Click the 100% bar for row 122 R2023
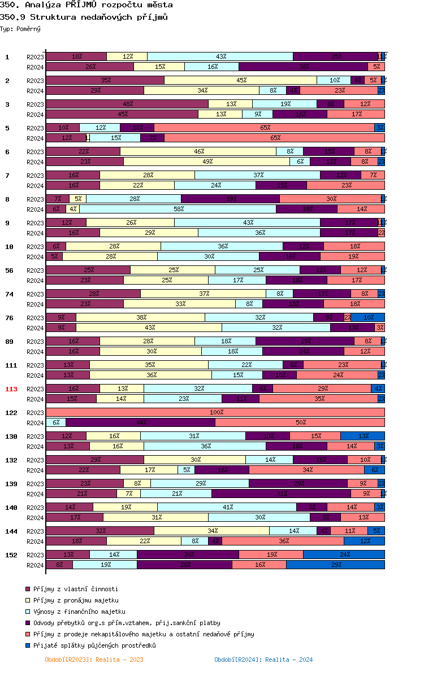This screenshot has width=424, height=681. tap(215, 412)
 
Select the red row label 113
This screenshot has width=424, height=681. tap(11, 389)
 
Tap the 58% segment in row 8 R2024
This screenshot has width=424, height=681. tap(178, 209)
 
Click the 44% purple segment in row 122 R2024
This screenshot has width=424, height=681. tap(140, 422)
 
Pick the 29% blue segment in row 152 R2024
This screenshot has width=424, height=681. tap(335, 565)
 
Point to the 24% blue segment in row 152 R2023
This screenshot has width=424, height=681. tap(344, 555)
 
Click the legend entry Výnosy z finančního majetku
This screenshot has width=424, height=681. tap(79, 612)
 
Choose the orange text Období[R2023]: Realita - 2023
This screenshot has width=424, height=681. tap(94, 660)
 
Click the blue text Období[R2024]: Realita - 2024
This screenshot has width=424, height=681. tap(263, 660)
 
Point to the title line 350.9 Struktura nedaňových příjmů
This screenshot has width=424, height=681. tap(84, 17)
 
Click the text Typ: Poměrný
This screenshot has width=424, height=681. tap(20, 29)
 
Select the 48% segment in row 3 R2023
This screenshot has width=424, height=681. tap(127, 104)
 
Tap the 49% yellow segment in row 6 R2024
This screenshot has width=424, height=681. tap(206, 161)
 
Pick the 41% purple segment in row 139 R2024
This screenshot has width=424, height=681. tap(282, 494)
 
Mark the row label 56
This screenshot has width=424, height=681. tap(9, 270)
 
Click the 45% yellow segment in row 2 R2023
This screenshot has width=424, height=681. tap(240, 80)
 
